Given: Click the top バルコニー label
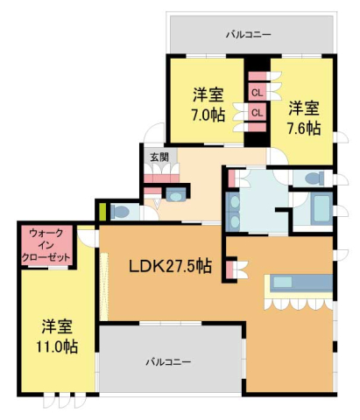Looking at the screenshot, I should (248, 35).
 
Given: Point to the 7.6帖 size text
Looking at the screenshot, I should (304, 128).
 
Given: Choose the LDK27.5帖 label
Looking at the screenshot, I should (170, 266).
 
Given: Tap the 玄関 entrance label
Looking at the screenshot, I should (158, 157).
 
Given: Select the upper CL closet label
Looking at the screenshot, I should (258, 92).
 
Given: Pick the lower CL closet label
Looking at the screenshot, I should (258, 112).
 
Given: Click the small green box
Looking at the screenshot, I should (101, 211).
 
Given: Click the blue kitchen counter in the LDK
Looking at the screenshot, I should (300, 283).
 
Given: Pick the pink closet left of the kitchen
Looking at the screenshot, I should (230, 269).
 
